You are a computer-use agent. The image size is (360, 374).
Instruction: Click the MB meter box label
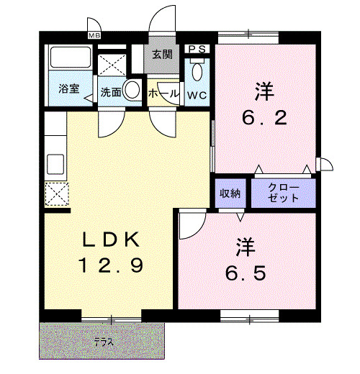94,36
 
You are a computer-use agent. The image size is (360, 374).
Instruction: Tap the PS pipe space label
197,49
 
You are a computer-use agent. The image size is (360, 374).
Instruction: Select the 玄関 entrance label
163,55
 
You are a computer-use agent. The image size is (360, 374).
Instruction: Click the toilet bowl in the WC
197,72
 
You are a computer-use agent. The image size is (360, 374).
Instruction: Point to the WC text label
197,95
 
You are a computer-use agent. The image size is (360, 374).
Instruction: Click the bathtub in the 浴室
70,57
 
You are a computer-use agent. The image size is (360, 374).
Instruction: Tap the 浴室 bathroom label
69,88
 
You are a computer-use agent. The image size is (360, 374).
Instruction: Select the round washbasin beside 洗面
132,90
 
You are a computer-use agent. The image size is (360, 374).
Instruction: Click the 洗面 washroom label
111,92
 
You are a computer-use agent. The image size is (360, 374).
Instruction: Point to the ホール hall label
163,93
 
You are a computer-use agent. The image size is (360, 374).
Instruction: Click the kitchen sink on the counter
55,164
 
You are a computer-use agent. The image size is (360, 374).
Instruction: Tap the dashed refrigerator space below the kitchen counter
57,194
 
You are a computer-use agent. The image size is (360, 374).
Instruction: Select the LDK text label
111,240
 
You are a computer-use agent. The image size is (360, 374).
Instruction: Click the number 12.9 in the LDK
112,265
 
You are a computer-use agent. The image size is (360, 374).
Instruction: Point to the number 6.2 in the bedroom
264,118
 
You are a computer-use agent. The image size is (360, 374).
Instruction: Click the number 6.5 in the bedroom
246,273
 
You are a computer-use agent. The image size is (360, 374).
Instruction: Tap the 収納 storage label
230,193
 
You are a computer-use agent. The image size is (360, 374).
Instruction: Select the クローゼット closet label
283,193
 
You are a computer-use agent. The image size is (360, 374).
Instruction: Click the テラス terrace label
104,342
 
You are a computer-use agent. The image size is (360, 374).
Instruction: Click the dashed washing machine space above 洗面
112,65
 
